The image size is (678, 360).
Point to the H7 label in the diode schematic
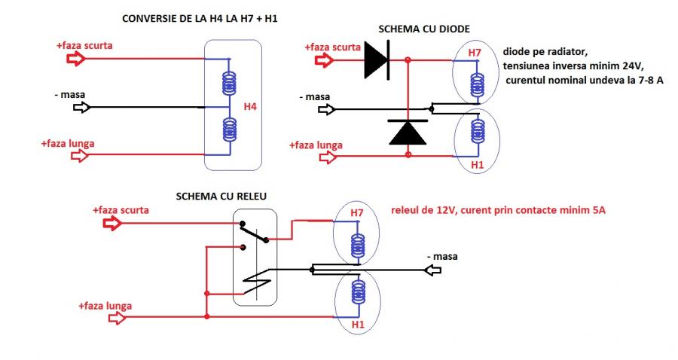475,53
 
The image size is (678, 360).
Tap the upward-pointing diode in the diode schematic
408,132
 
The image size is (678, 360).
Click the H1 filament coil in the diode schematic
475,133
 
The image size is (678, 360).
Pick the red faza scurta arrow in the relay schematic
112,223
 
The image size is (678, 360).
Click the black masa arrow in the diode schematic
326,109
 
